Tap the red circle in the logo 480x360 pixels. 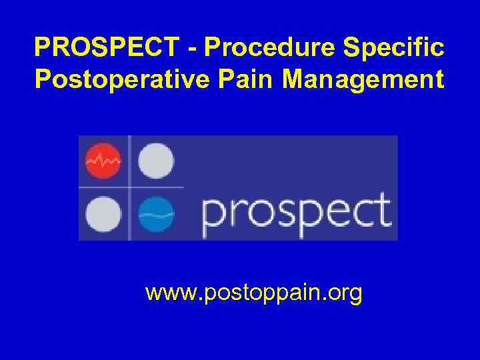pyautogui.click(x=103, y=161)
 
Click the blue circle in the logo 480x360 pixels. pyautogui.click(x=157, y=214)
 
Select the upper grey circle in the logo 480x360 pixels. pyautogui.click(x=157, y=161)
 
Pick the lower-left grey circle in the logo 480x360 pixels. pyautogui.click(x=103, y=214)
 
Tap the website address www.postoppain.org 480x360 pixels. pyautogui.click(x=253, y=293)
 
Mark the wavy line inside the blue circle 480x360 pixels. pyautogui.click(x=157, y=215)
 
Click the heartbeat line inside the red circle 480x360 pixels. pyautogui.click(x=103, y=161)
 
